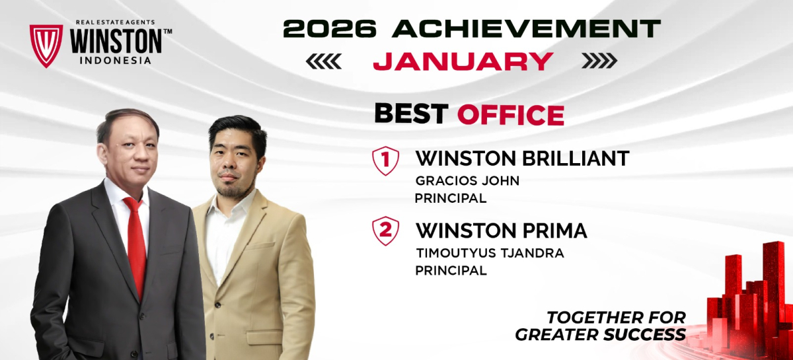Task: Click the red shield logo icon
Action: (46, 46)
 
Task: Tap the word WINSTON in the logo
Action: (116, 42)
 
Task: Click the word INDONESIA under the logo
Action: (116, 61)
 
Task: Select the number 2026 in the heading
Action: (330, 28)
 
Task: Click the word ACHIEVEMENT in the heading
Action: (527, 28)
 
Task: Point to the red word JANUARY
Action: (463, 61)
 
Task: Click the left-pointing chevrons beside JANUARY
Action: (324, 61)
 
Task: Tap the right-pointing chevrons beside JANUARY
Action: (600, 61)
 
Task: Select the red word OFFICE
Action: (510, 115)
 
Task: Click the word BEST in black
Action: (411, 114)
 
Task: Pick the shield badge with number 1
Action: (385, 161)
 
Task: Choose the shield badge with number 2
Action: (385, 231)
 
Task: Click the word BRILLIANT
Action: (576, 159)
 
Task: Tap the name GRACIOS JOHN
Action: (467, 181)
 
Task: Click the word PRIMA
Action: (554, 231)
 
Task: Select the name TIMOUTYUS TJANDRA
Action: (490, 254)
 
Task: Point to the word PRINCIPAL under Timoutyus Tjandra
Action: (451, 271)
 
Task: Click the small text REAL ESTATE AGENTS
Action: (116, 22)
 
